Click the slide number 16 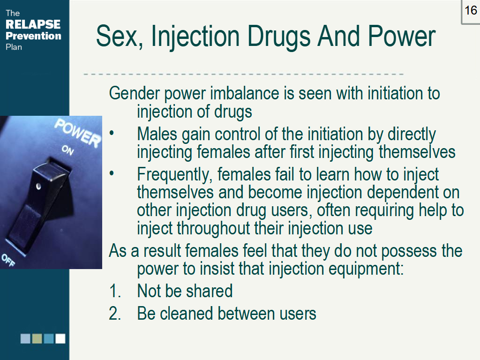click(x=471, y=10)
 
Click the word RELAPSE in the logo click(x=33, y=24)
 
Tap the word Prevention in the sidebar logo click(x=33, y=36)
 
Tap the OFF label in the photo click(x=8, y=259)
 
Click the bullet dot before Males click(x=112, y=135)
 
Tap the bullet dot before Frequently click(x=112, y=175)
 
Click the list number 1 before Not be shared click(x=114, y=291)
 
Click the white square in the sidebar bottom click(x=60, y=338)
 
